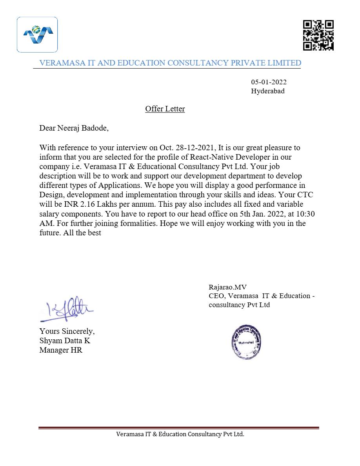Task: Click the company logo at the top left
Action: pos(37,35)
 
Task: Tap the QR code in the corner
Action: pos(318,35)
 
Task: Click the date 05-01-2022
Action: pos(269,82)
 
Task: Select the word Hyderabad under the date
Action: pos(267,91)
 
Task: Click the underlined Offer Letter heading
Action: pos(165,109)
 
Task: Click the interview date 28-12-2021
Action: pos(196,148)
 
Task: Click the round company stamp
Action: pos(246,342)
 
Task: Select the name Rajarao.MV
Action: pos(227,288)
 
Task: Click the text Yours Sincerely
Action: pos(67,331)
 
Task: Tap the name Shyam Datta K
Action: pos(65,341)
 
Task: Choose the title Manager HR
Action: pos(61,350)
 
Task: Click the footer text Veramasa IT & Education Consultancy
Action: pos(180,434)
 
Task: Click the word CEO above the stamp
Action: pos(216,296)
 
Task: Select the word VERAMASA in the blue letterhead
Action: pos(61,63)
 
